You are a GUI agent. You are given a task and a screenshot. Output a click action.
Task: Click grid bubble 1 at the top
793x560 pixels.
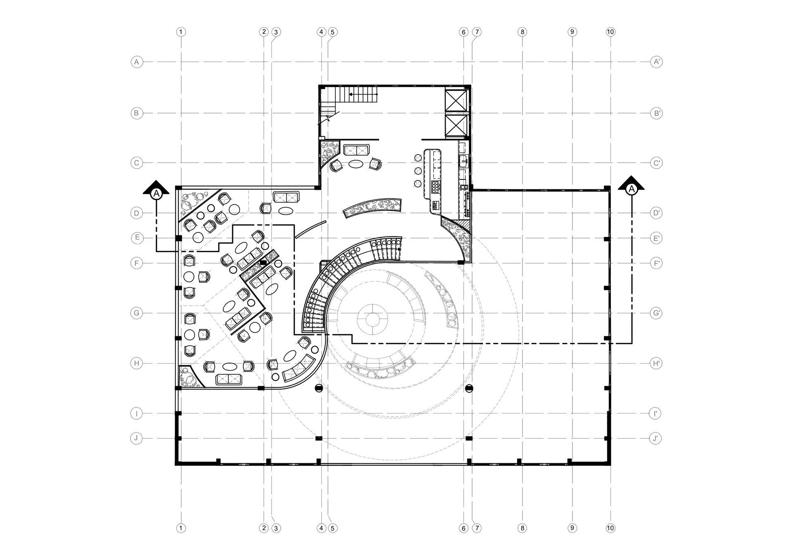pos(181,32)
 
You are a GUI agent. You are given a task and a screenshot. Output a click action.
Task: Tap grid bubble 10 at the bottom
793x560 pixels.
pos(610,528)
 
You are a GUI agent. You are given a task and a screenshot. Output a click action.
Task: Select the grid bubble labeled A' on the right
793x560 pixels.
pos(656,62)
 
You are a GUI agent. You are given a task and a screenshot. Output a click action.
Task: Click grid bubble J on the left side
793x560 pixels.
pos(136,438)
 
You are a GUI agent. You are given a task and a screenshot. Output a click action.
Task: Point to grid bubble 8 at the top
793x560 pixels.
pos(522,32)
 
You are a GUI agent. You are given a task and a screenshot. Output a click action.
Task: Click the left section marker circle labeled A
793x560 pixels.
pos(156,193)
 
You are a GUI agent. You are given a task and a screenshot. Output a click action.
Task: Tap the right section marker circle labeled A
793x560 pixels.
pos(631,189)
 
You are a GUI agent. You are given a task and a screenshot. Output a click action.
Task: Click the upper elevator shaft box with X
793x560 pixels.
pos(456,100)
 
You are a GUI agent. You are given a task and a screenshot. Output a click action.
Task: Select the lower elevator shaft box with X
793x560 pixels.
pos(456,125)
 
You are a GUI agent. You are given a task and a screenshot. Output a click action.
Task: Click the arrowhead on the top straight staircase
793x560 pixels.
pos(351,95)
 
